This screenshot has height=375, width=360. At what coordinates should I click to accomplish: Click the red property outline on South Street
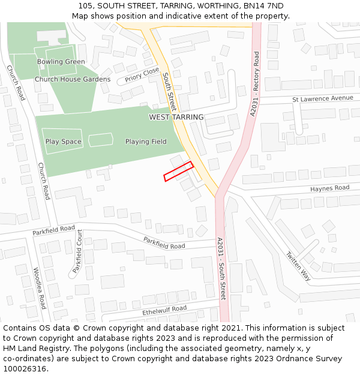(178, 171)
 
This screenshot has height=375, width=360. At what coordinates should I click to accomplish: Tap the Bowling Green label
(61, 62)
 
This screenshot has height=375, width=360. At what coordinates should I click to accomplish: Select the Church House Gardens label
(73, 79)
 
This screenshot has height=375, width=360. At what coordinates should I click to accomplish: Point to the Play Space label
(63, 142)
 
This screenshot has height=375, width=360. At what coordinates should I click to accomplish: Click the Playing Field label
(146, 142)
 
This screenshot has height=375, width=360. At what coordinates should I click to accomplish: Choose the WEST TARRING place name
(176, 117)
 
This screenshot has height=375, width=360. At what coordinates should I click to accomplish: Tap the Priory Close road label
(142, 76)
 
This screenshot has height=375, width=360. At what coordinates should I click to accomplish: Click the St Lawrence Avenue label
(323, 98)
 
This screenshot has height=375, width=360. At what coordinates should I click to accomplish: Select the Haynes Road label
(329, 188)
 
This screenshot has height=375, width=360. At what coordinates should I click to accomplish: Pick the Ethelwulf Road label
(164, 310)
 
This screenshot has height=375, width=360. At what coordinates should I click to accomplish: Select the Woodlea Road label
(40, 288)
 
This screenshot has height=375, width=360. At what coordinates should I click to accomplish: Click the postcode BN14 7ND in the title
(263, 5)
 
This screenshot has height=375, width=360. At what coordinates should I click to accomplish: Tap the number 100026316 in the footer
(26, 368)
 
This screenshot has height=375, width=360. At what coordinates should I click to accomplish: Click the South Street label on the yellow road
(169, 89)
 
